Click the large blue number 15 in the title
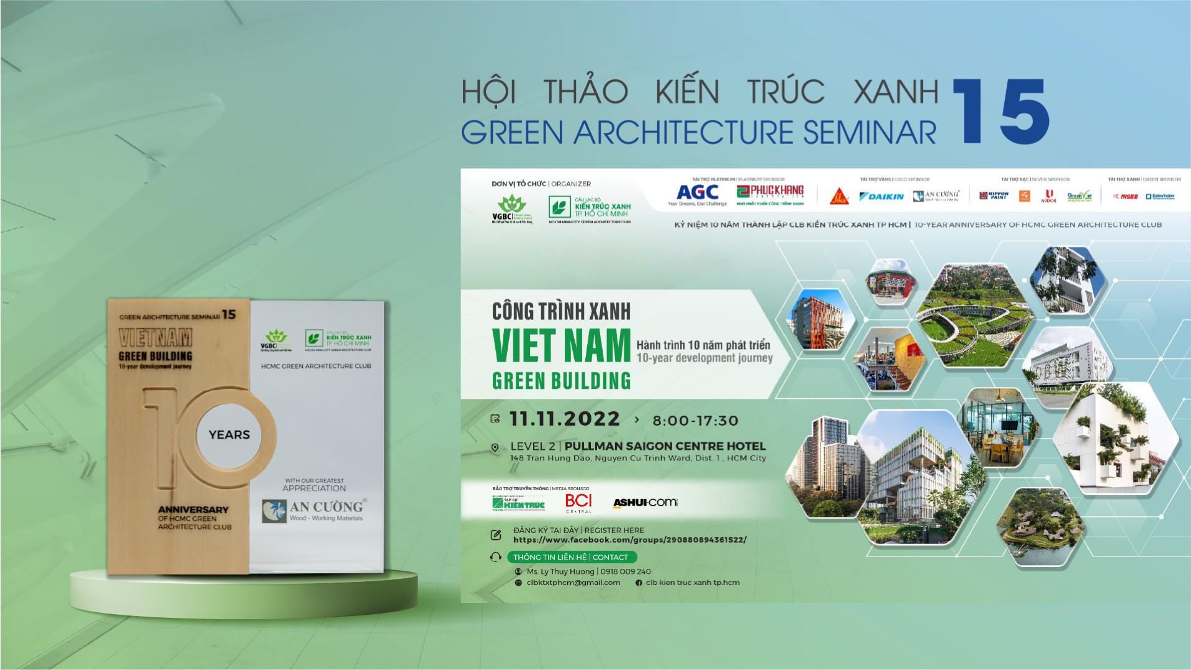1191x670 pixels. coord(999,111)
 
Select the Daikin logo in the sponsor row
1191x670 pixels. coord(881,197)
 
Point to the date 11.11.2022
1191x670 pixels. coord(564,419)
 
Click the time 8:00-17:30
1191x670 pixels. coord(695,421)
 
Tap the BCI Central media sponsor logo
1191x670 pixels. coord(578,502)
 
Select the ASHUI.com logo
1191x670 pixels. coord(645,502)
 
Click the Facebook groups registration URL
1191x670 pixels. coord(630,540)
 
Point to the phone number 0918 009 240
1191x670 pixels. coord(626,571)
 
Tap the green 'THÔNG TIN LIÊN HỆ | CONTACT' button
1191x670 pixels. coord(570,557)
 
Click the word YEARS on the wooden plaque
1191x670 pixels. coord(229,435)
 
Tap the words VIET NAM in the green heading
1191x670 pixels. coord(561,346)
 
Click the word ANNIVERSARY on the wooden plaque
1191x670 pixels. coord(192,509)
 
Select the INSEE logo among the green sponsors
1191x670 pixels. coord(1125,197)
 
